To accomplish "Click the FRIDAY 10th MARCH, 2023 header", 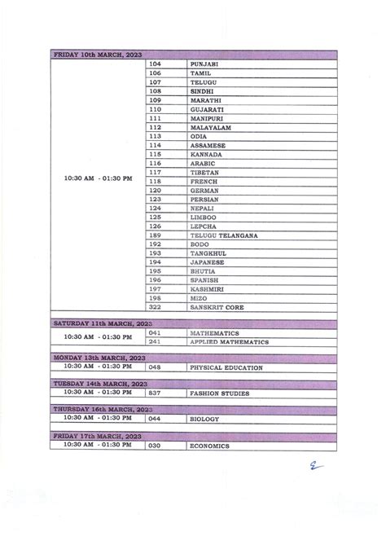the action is pyautogui.click(x=97, y=55).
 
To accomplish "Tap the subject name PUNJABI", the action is pyautogui.click(x=204, y=64).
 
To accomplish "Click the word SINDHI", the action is pyautogui.click(x=201, y=91).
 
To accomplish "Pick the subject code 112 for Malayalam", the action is pyautogui.click(x=156, y=127).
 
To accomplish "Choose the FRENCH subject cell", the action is pyautogui.click(x=203, y=181).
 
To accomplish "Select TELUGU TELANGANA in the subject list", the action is pyautogui.click(x=224, y=235).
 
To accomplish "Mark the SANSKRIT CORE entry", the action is pyautogui.click(x=216, y=308).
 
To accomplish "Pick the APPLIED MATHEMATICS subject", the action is pyautogui.click(x=229, y=342).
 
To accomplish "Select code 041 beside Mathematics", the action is pyautogui.click(x=156, y=333).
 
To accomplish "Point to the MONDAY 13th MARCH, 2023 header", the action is pyautogui.click(x=100, y=358).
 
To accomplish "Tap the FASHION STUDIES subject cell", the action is pyautogui.click(x=219, y=393).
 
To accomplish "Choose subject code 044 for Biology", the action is pyautogui.click(x=156, y=420).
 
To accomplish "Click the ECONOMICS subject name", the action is pyautogui.click(x=209, y=446).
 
